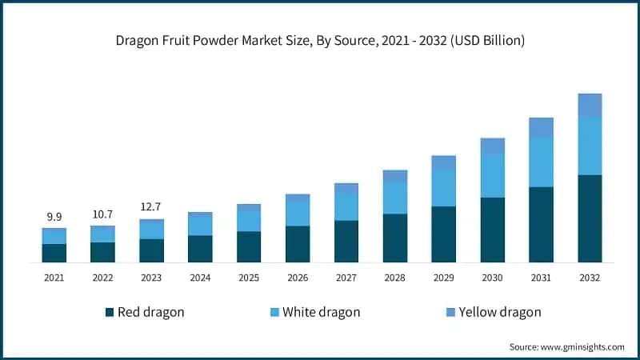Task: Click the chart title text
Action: pos(320,40)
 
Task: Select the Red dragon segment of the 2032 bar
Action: pos(590,218)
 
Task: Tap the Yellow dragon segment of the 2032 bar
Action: pos(590,105)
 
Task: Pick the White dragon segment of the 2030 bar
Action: pos(492,175)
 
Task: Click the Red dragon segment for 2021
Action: pos(54,253)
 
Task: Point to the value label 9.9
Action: pos(54,217)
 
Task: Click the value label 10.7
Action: pos(102,214)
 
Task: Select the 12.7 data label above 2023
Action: pos(151,208)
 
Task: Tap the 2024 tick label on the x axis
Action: pos(200,277)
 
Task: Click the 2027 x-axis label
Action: pos(346,277)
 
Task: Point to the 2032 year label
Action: pos(590,277)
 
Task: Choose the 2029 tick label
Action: pos(443,277)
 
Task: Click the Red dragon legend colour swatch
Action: pos(110,312)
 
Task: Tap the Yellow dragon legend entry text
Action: pos(499,312)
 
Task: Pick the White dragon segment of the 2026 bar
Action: pos(298,214)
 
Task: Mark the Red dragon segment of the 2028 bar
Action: pos(394,238)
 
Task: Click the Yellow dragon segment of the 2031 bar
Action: pos(541,126)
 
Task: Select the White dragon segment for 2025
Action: pos(249,220)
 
